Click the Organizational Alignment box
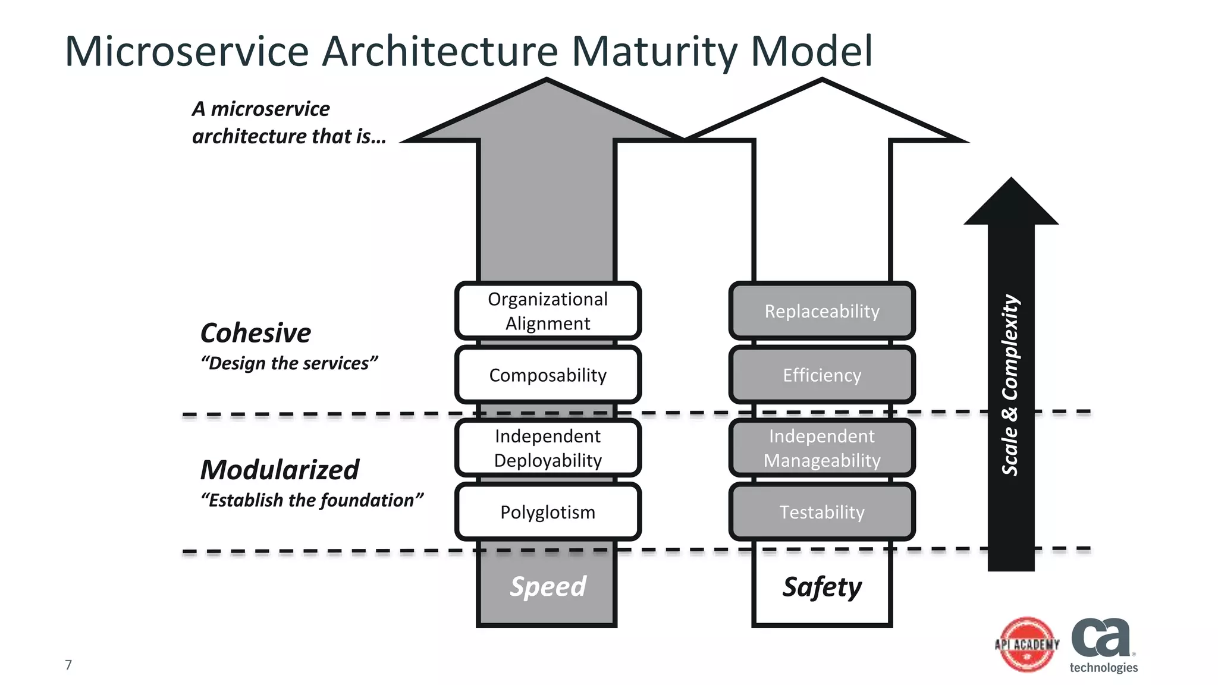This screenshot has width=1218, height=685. point(548,311)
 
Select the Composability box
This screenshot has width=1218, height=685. point(548,375)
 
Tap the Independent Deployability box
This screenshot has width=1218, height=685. point(548,448)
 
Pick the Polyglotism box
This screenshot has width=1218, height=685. point(548,512)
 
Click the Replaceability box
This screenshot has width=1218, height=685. point(822,311)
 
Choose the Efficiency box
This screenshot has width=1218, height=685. point(822,375)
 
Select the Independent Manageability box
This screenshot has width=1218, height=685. point(822,448)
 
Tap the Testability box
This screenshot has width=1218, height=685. point(822,512)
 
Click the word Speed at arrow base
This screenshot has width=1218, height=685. point(548,586)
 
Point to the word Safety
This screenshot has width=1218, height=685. point(822,587)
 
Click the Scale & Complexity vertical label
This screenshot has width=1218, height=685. point(1010,385)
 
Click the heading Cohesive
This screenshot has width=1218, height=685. point(256,332)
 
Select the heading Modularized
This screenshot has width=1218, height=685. point(280,470)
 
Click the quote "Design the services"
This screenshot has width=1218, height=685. point(289,363)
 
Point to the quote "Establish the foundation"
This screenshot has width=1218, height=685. point(312,500)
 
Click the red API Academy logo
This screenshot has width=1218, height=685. point(1027,645)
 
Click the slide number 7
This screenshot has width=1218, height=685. point(68,665)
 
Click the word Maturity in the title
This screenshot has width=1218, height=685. point(654,51)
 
